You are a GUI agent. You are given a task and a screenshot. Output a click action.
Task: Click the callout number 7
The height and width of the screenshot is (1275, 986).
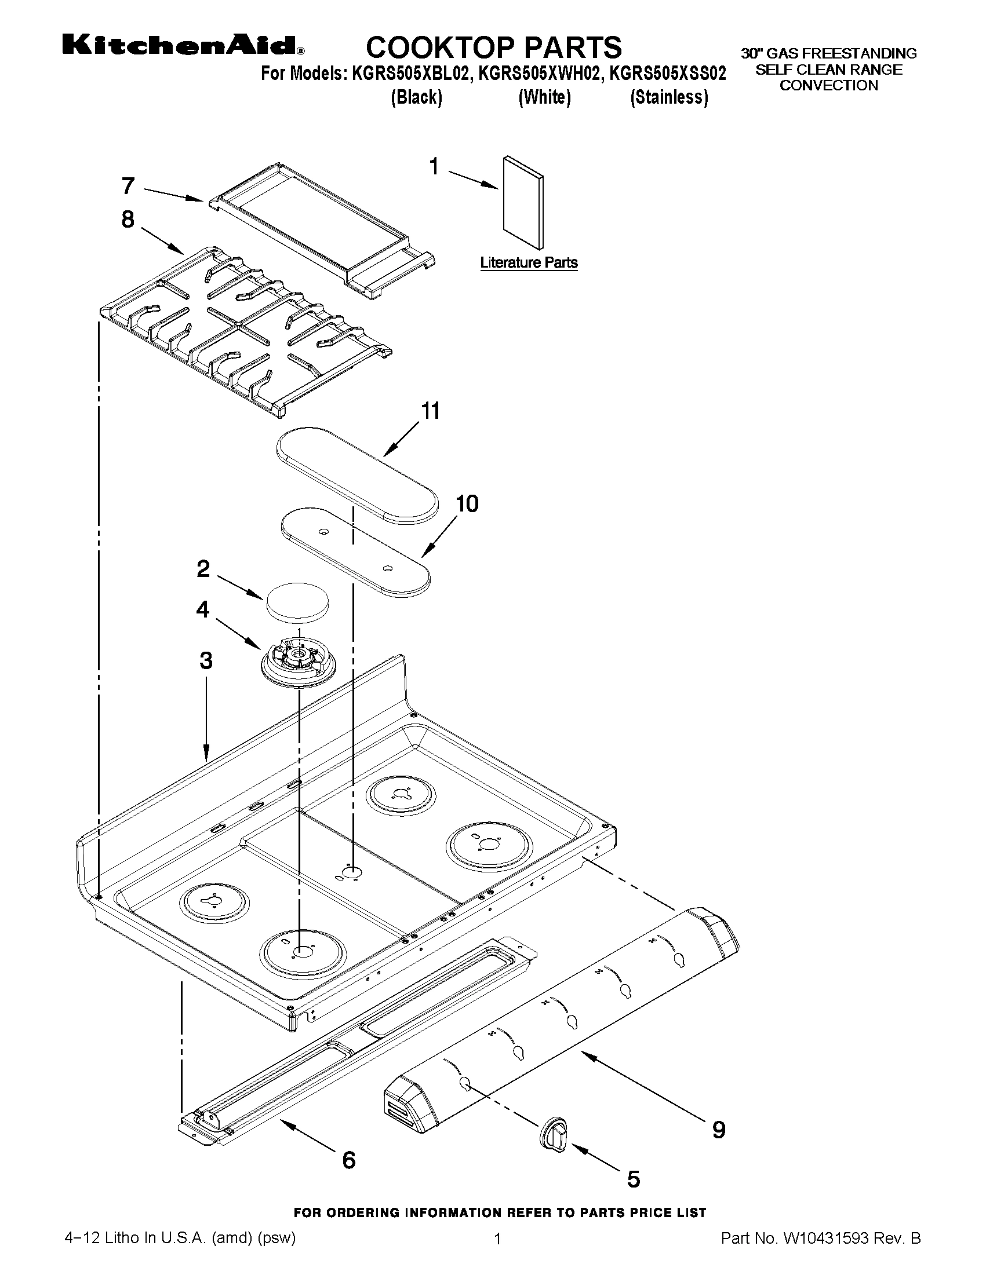(128, 186)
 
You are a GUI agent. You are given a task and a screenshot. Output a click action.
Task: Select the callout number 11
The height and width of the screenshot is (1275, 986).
(431, 411)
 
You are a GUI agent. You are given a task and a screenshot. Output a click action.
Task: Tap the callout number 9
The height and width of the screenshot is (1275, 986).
(718, 1131)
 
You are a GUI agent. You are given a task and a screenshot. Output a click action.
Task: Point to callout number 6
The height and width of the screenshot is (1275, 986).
(349, 1160)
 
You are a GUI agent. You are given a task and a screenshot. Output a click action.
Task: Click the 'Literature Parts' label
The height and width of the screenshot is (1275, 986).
(529, 263)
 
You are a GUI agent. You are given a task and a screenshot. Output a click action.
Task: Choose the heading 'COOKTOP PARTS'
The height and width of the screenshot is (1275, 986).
(494, 47)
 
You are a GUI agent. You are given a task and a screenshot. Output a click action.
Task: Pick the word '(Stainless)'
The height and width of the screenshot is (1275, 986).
(668, 97)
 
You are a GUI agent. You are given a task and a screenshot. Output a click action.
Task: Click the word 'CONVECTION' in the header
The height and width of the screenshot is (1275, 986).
(828, 86)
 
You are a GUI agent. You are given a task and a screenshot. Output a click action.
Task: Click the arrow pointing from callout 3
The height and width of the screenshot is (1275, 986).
(206, 725)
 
